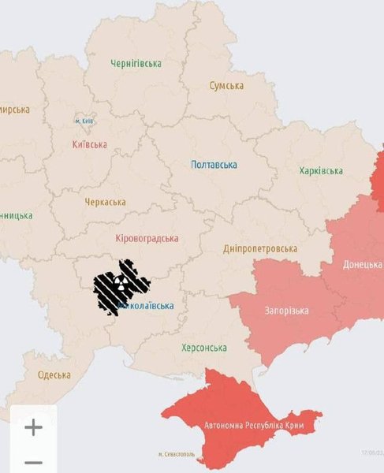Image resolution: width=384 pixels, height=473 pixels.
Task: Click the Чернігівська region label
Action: (136, 63)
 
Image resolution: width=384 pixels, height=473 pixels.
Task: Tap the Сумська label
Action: (226, 85)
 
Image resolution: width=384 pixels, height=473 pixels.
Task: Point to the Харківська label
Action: (321, 171)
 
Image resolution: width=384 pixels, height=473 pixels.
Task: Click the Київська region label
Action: (90, 144)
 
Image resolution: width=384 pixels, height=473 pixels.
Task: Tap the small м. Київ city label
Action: (84, 121)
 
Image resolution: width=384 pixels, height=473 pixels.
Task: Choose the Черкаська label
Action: (105, 202)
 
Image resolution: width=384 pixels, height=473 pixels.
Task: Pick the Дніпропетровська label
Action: (260, 249)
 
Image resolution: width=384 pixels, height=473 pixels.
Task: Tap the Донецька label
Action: (363, 265)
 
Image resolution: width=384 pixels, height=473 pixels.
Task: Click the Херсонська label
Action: (204, 348)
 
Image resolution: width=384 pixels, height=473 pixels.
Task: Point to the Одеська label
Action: (54, 375)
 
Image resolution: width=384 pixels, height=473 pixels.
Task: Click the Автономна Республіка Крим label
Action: (260, 426)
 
